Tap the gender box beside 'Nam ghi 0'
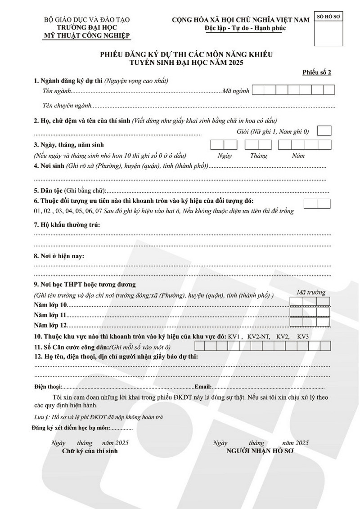click(x=324, y=131)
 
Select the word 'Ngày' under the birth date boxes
click(x=224, y=156)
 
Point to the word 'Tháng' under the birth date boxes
click(x=258, y=156)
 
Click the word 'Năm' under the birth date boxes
click(x=298, y=156)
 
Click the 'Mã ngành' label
click(x=236, y=91)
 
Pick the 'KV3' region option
click(x=303, y=336)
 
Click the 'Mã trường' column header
click(x=310, y=292)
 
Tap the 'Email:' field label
click(x=202, y=386)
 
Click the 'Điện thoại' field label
click(x=47, y=386)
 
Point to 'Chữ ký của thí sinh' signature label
click(x=90, y=451)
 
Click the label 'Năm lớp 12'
click(x=50, y=325)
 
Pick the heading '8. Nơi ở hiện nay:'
click(x=59, y=256)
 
